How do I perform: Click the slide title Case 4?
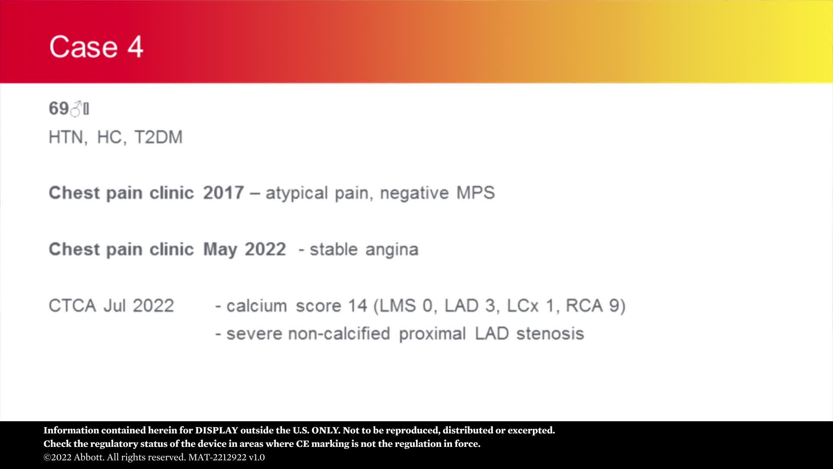tap(96, 47)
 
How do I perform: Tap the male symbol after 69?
tap(76, 109)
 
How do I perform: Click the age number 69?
tap(59, 109)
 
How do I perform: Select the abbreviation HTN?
tap(66, 137)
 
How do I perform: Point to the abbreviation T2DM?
tap(159, 137)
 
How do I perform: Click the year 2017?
tap(223, 193)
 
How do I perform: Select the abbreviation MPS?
tap(476, 193)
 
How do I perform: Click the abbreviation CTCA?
tap(72, 306)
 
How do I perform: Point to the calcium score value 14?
tap(357, 306)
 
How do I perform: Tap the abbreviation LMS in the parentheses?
tap(398, 306)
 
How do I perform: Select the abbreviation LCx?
tap(522, 306)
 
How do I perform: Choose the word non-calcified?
tap(339, 334)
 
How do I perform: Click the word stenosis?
tap(550, 334)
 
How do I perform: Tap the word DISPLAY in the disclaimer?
tap(216, 430)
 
